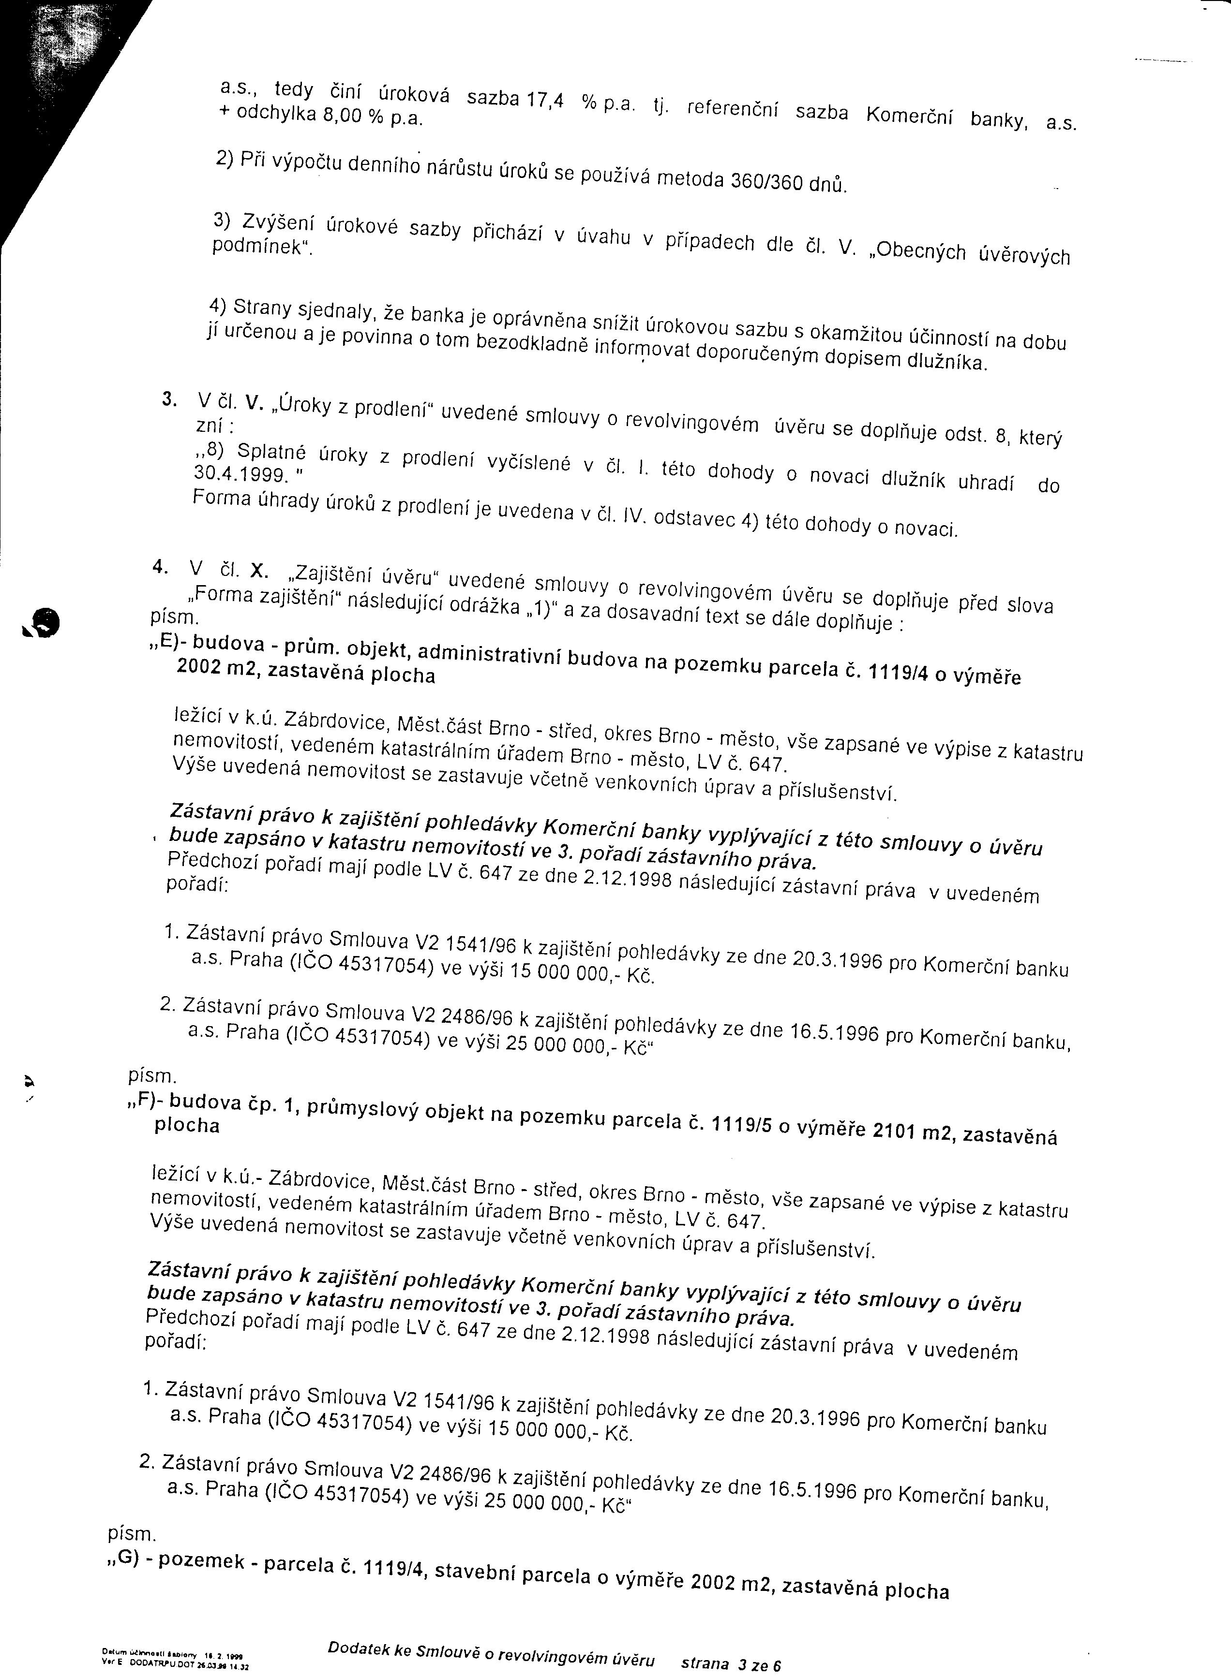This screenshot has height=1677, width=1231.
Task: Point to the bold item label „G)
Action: [126, 1560]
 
